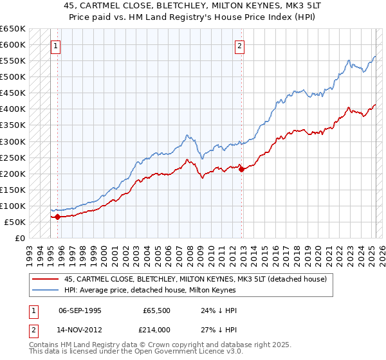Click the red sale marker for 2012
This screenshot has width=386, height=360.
pyautogui.click(x=241, y=169)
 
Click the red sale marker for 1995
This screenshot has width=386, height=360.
pyautogui.click(x=57, y=217)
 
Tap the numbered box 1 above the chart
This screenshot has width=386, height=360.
pyautogui.click(x=57, y=46)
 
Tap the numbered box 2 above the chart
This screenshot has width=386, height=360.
pyautogui.click(x=239, y=46)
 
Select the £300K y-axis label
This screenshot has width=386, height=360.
pyautogui.click(x=13, y=141)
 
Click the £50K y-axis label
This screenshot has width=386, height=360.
pyautogui.click(x=15, y=222)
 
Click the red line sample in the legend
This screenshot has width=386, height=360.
pyautogui.click(x=45, y=278)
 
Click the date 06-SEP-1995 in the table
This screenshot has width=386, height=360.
pyautogui.click(x=80, y=310)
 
